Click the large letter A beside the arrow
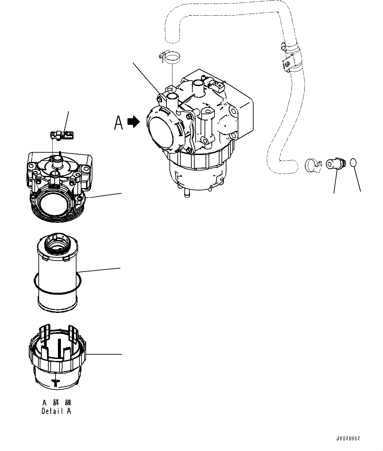click(119, 122)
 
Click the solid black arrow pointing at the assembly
click(134, 122)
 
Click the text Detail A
click(56, 411)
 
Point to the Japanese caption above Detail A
click(57, 403)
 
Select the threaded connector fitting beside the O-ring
click(335, 164)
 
